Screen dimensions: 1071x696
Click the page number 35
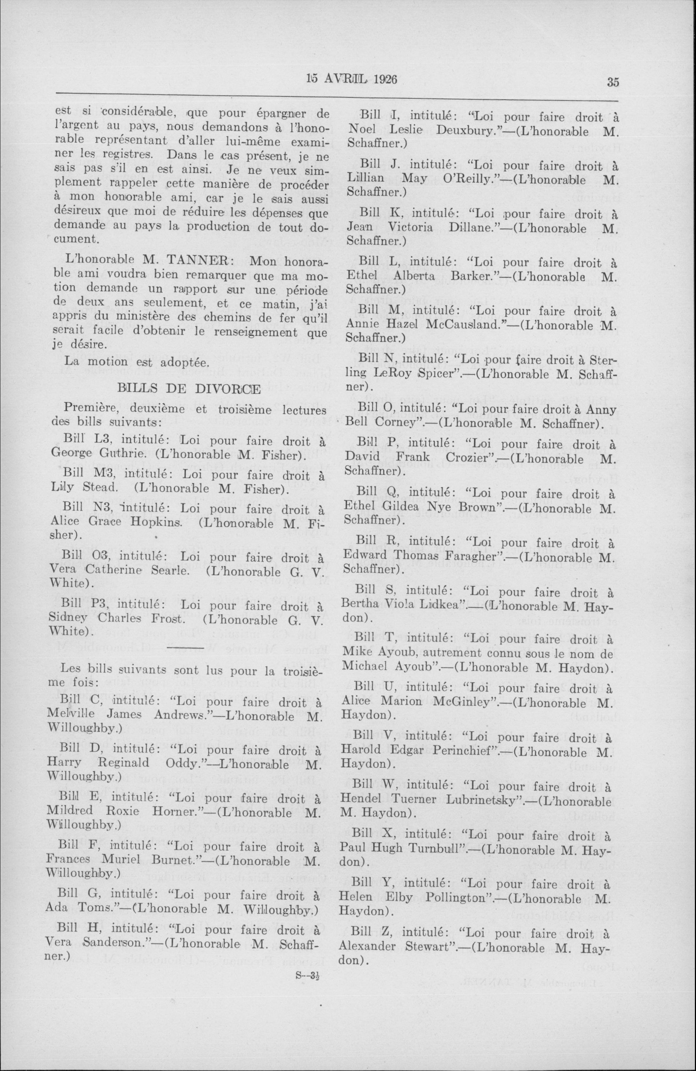click(613, 82)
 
